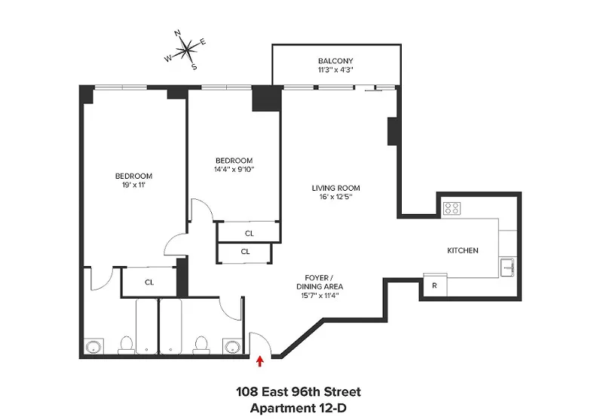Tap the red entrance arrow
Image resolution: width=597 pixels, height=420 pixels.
tap(260, 362)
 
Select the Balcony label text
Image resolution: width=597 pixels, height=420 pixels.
tap(335, 60)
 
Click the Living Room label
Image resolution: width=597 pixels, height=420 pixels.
tap(335, 188)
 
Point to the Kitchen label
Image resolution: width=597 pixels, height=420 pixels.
tap(463, 250)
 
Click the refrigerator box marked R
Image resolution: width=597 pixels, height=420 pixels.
tap(434, 286)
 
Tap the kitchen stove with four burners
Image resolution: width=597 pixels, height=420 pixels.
tap(452, 209)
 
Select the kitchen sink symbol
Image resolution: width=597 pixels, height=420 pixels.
tap(507, 266)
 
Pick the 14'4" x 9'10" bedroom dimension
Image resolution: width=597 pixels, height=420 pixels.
tap(234, 169)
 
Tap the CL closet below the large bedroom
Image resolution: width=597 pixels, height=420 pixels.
tap(149, 282)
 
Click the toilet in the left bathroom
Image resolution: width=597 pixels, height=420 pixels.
tap(126, 345)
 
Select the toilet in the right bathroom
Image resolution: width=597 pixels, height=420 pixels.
tap(201, 345)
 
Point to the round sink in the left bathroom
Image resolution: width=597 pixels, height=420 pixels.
tap(94, 347)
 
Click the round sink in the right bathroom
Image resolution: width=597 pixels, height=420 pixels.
tap(231, 347)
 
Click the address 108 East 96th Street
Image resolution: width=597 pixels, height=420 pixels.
tap(298, 392)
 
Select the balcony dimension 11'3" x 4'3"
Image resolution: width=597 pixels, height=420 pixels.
tap(335, 69)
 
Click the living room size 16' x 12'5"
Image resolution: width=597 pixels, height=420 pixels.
tap(335, 197)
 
